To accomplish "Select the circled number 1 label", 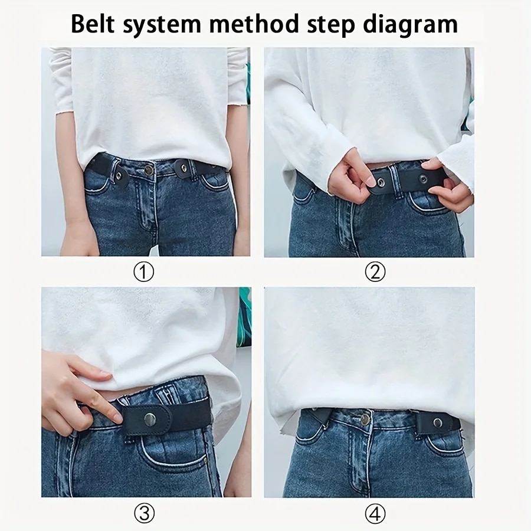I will point(145,272).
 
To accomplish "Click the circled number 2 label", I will point(375,272).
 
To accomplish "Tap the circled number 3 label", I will point(145,514).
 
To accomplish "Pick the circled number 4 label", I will point(375,514).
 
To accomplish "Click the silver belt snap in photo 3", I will point(150,419).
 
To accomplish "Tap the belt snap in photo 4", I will point(437,422).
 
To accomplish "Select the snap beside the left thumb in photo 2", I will point(381,183).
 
